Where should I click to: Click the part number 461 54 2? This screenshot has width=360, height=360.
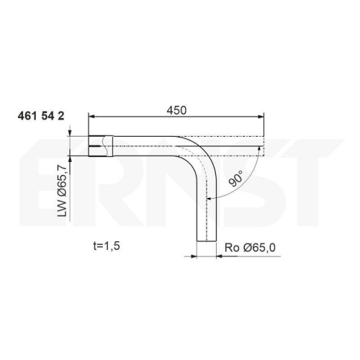coord(41,117)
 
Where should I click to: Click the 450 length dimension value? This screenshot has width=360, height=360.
coord(176,110)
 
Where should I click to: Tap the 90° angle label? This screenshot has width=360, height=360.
coord(235,179)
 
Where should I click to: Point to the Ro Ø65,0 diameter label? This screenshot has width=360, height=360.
coord(250,248)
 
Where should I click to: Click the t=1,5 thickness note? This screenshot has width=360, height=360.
coord(107,246)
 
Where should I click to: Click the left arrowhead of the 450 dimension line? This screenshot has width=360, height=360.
coord(91,117)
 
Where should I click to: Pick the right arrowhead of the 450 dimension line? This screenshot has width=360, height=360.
coord(261,117)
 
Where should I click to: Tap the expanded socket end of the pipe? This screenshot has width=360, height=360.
coord(101,146)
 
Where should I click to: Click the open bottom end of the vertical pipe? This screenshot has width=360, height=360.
coord(207,241)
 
